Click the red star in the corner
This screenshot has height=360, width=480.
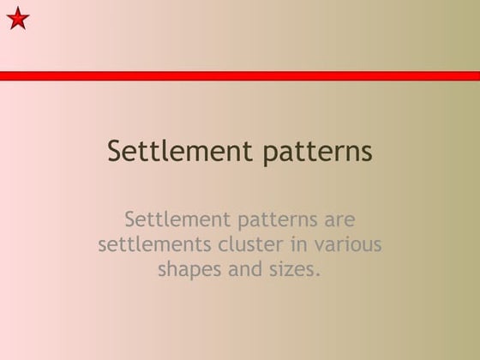pyautogui.click(x=18, y=18)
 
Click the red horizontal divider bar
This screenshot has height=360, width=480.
pyautogui.click(x=240, y=75)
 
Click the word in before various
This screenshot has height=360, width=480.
pyautogui.click(x=298, y=244)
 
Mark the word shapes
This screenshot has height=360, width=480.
pyautogui.click(x=187, y=270)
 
